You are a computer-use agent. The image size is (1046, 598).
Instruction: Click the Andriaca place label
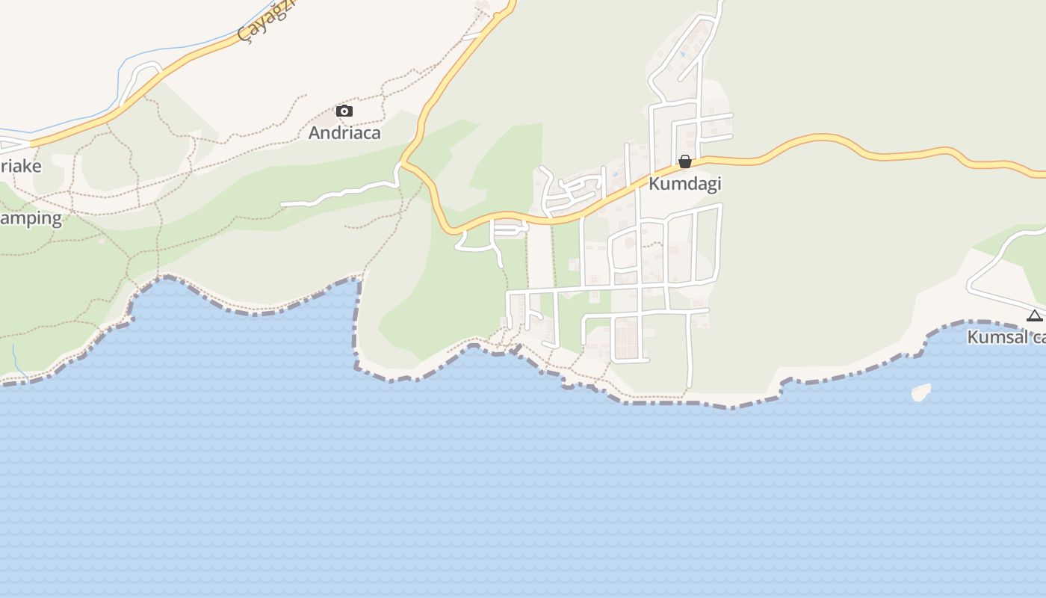344,133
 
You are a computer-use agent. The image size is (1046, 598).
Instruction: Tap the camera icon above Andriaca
344,111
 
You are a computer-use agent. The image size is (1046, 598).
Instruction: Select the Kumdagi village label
684,183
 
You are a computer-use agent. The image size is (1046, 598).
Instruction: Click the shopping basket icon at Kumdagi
684,161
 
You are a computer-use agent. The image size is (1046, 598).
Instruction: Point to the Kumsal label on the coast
1006,337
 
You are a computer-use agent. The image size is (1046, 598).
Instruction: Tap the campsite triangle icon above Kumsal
1034,315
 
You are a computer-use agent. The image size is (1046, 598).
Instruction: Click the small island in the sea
920,392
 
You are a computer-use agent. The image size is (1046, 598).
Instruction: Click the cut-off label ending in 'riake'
21,166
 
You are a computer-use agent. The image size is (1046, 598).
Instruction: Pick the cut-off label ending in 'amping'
31,218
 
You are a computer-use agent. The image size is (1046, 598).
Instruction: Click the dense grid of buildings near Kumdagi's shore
625,338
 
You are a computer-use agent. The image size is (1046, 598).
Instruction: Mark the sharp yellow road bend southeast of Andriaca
404,161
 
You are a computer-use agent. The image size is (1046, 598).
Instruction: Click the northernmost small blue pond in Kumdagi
682,54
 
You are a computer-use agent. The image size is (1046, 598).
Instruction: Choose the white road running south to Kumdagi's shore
689,351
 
